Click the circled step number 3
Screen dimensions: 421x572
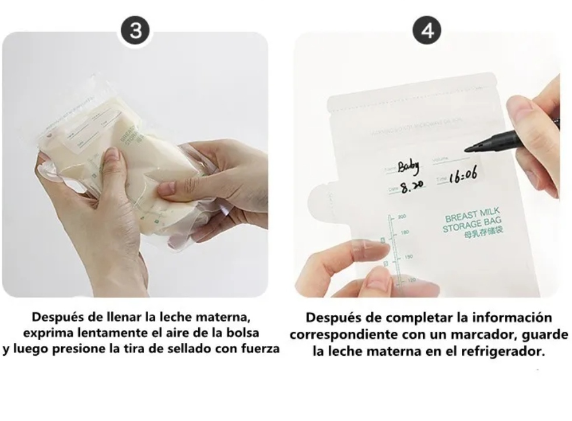136,31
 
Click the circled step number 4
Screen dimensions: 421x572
427,31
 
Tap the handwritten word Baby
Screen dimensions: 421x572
408,167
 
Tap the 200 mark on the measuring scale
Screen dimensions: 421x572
402,216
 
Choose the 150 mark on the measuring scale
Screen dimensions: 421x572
408,256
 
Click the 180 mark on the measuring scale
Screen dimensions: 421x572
405,232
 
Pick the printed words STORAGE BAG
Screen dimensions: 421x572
471,225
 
